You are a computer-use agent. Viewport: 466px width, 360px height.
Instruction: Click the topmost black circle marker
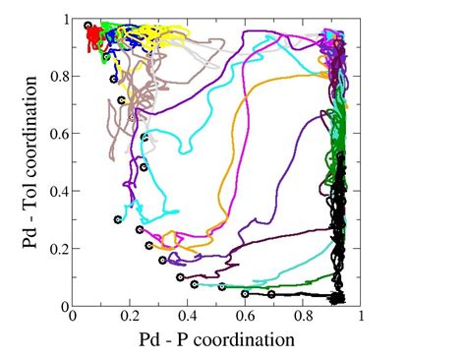click(x=88, y=26)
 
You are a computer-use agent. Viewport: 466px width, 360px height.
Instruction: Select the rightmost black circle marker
click(x=271, y=294)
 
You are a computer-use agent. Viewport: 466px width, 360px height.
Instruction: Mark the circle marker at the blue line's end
click(x=114, y=79)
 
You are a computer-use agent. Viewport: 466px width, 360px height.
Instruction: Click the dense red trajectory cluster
click(x=93, y=37)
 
